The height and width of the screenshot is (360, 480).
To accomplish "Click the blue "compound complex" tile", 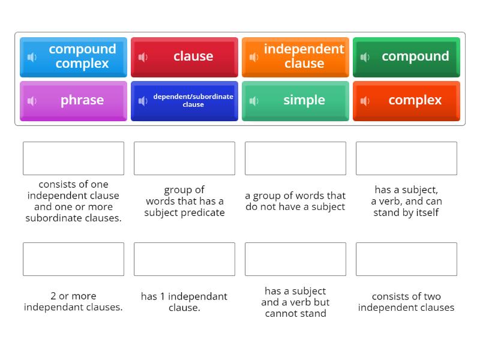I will [x=73, y=56].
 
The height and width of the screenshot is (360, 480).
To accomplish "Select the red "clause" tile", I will [x=184, y=56].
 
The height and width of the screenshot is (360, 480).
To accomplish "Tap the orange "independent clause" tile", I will [x=295, y=56].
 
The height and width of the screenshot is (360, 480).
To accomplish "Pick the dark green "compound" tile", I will [x=406, y=56].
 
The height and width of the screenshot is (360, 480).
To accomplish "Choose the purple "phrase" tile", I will [x=73, y=100].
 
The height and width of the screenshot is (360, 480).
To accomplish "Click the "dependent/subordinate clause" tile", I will [x=184, y=100].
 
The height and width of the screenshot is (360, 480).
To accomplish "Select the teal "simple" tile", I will [x=295, y=100].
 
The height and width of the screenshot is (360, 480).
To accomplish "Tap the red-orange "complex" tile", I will [x=406, y=100].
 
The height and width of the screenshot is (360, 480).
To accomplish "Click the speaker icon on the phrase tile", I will [x=32, y=101].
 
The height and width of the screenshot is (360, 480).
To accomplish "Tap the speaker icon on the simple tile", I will [x=254, y=101].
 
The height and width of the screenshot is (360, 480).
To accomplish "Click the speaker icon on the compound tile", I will [x=365, y=57].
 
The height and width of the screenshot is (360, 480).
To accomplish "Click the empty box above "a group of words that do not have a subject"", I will [x=295, y=158].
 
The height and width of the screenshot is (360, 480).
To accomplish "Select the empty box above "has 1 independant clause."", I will [x=184, y=259].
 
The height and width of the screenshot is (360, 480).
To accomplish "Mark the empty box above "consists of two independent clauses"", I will [x=406, y=259].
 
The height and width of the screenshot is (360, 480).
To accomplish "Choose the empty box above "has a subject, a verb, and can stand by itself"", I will [x=406, y=158].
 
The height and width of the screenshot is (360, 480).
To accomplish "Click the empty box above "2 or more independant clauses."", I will [x=73, y=259].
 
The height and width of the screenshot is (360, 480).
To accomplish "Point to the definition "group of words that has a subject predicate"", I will [x=184, y=201].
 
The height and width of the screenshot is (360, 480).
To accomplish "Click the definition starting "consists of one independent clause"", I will [x=73, y=201].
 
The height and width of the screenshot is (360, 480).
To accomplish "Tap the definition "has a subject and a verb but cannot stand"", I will [x=295, y=302].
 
